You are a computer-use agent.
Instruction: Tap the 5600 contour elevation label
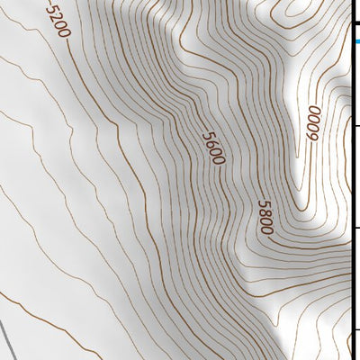[212, 148]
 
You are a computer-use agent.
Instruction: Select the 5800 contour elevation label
[264, 217]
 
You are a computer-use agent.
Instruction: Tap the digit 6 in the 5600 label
[211, 143]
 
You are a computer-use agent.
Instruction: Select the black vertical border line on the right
[350, 180]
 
